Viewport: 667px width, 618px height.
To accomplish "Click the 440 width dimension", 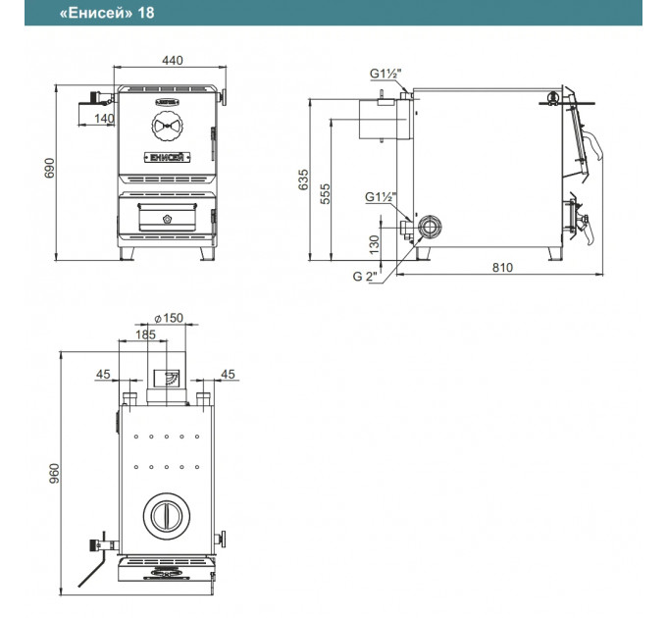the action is point(173,61).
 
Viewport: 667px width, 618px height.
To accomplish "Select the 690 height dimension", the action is point(50,168).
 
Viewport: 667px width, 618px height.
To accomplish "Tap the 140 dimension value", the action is point(104,119).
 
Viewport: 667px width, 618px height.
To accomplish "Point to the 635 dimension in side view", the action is point(303,180).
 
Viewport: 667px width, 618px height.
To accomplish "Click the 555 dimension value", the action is point(325,193).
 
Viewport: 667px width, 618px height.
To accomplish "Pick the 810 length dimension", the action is point(502,268).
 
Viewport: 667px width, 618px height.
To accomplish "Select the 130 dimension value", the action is point(374,244).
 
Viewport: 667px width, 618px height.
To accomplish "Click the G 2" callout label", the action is point(365,277).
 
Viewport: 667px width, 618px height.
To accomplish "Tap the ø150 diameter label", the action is point(169,318).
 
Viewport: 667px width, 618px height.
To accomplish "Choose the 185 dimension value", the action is point(145,335).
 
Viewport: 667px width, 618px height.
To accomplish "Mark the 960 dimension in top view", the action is point(55,474).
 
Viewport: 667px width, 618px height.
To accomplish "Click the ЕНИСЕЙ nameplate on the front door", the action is point(167,157).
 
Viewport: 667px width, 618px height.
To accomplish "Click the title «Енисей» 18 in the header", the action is point(107,13).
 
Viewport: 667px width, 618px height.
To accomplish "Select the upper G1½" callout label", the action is point(385,74).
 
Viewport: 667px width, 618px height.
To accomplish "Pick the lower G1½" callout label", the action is point(381,197).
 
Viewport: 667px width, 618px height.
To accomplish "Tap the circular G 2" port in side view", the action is point(430,227).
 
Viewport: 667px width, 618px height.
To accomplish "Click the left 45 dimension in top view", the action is point(103,375).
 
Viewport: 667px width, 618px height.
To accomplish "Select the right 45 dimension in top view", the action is point(228,375).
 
